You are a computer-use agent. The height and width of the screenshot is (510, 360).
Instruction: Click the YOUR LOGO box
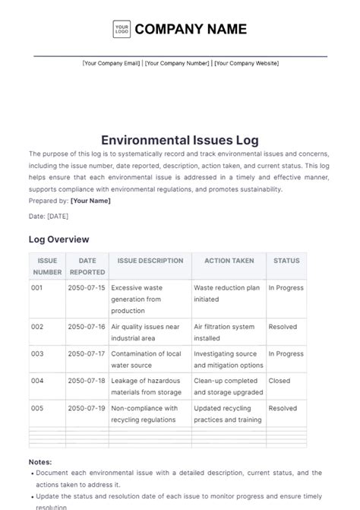[122, 30]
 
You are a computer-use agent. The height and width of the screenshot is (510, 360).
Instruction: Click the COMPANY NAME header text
[191, 30]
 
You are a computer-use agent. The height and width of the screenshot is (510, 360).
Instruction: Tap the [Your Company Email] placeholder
[111, 64]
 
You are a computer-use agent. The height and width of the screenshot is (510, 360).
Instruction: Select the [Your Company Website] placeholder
[246, 64]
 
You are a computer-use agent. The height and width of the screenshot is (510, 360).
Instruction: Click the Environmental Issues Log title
[180, 141]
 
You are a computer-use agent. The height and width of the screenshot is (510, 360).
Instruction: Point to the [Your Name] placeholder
[90, 201]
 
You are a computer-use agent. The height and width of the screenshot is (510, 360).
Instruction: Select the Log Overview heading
[58, 239]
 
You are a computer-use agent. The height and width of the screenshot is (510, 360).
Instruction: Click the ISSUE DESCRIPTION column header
[150, 261]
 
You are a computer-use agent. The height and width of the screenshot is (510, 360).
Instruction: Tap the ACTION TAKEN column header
[229, 261]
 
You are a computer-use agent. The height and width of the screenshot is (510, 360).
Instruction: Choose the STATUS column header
[286, 261]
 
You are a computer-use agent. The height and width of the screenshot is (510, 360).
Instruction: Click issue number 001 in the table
[37, 288]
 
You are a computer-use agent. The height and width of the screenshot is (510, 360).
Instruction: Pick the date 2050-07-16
[87, 326]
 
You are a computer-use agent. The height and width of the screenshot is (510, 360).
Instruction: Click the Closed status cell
[279, 381]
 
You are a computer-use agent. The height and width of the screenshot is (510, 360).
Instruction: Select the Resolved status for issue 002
[283, 326]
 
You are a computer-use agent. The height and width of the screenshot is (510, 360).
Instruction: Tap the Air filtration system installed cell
[224, 332]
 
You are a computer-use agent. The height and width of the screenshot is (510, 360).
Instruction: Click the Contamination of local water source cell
[145, 360]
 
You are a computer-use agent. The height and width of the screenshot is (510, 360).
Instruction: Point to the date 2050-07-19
[87, 408]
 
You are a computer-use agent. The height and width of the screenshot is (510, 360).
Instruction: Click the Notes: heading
[40, 461]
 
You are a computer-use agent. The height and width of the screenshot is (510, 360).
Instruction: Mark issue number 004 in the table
[37, 381]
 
